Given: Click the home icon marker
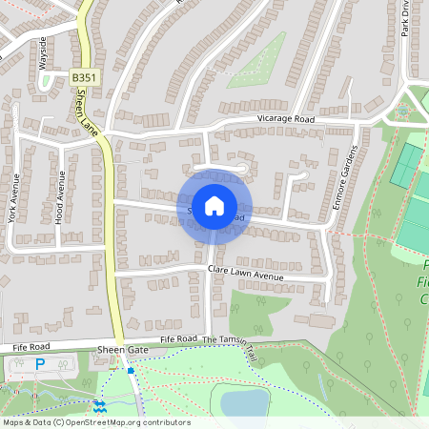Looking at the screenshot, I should point(214,205).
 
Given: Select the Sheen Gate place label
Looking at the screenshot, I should point(123,350).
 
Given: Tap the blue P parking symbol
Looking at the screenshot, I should point(40,363).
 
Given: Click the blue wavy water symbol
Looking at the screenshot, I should point(100,407).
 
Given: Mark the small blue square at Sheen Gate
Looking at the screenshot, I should point(132,369).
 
